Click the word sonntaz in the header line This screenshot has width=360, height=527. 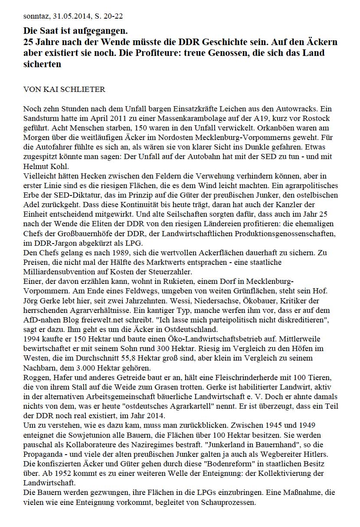coord(36,17)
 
